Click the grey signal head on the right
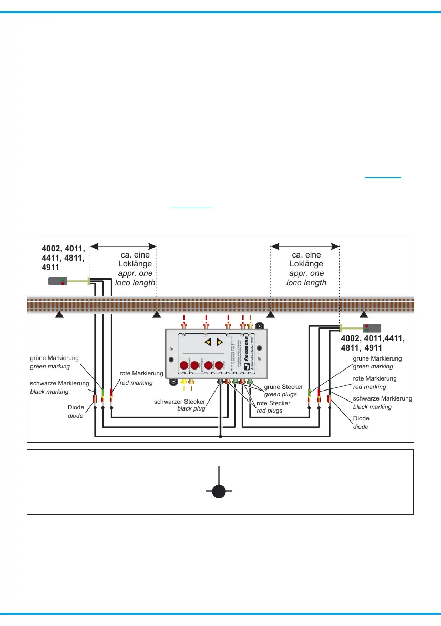tap(373, 329)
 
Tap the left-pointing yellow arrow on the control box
tap(209, 342)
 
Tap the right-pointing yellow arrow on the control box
tap(220, 342)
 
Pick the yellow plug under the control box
tap(183, 381)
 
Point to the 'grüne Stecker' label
tap(283, 387)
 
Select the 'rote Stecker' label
tap(273, 403)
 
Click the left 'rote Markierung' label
tap(142, 374)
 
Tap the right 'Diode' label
tap(361, 418)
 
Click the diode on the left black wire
tap(95, 399)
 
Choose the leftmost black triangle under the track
tap(59, 315)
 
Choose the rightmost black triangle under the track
tap(364, 315)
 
